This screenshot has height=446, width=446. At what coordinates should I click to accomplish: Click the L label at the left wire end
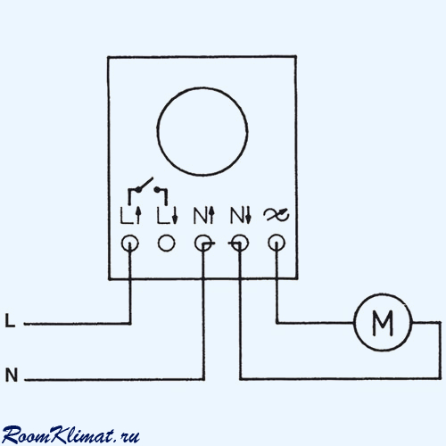coord(10,321)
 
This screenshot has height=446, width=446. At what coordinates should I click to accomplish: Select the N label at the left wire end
coord(12,375)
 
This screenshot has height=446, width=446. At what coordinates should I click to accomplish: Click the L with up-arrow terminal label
coord(130,215)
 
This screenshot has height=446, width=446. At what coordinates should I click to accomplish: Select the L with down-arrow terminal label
coord(168,215)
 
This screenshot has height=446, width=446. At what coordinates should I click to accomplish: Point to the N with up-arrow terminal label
coord(204,215)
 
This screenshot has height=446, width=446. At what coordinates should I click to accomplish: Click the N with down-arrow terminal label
coord(241,215)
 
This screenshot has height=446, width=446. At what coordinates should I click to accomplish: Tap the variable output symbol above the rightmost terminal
coord(277,215)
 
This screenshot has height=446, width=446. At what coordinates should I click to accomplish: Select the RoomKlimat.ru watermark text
coord(70,435)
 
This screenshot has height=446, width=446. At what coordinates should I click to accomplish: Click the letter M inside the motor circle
coord(383,323)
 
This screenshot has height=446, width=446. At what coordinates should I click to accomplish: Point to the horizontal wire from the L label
coord(78,324)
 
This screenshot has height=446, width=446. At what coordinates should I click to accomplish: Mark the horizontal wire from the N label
coord(114,379)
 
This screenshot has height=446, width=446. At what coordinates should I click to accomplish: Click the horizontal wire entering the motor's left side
coord(315,322)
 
